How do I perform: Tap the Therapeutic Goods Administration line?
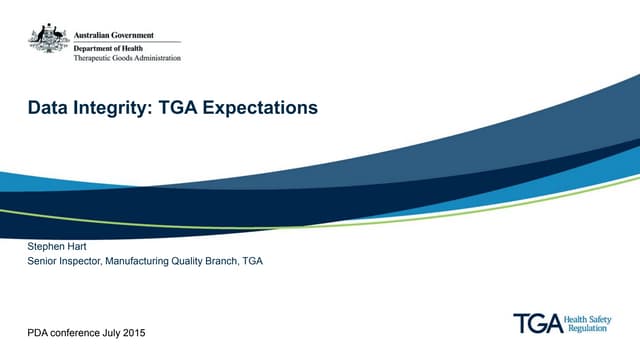(x=128, y=59)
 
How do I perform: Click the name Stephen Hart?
(x=57, y=245)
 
